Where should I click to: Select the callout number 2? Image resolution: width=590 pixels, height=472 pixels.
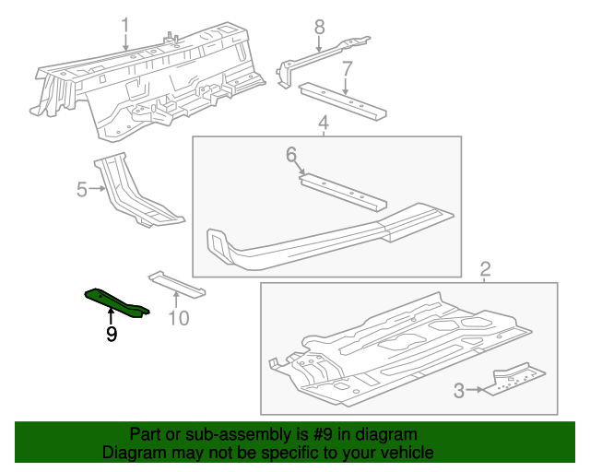(x=486, y=269)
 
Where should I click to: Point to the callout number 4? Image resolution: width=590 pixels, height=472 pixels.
(x=324, y=123)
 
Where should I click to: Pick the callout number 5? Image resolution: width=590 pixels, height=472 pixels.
(x=82, y=190)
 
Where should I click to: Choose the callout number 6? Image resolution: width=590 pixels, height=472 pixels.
(x=291, y=155)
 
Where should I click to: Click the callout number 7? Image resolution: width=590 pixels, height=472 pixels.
(x=347, y=68)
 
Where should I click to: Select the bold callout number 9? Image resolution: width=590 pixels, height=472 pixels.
(x=111, y=334)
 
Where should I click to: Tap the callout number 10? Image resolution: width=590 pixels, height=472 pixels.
(x=178, y=318)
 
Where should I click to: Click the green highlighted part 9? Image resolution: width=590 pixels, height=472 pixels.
(x=115, y=301)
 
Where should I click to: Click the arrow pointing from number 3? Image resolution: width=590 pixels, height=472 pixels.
(x=476, y=390)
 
